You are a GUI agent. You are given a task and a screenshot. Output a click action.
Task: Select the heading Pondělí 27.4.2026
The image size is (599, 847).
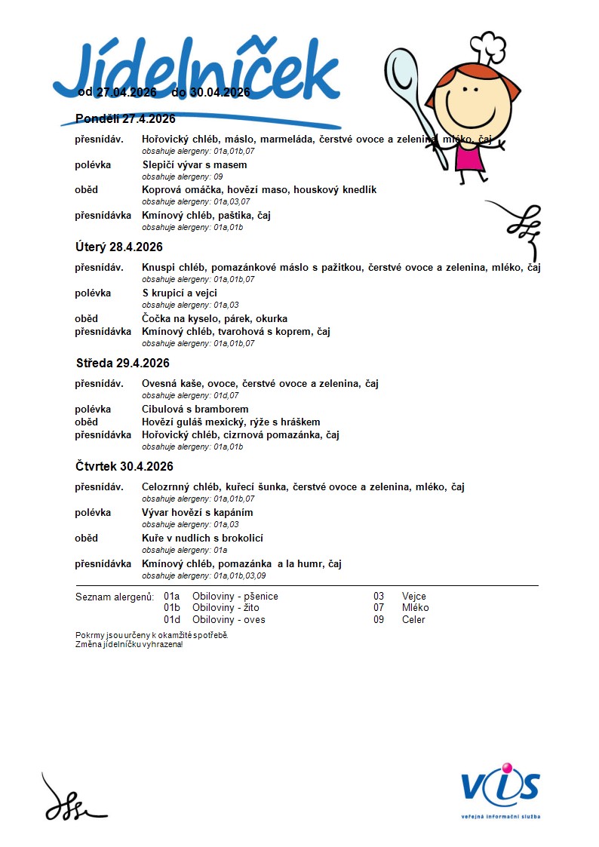click(125, 118)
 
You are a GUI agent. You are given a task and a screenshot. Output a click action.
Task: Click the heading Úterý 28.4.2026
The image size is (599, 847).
click(119, 247)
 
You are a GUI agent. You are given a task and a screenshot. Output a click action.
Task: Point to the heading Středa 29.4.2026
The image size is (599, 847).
click(122, 363)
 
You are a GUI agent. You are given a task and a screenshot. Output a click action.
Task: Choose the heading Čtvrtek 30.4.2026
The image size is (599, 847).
click(124, 466)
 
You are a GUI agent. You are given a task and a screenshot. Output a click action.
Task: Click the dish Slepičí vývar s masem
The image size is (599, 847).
click(195, 164)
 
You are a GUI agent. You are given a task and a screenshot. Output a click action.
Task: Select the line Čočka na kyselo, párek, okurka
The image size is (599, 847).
click(214, 318)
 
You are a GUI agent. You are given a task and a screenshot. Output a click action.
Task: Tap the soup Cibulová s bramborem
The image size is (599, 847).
click(195, 409)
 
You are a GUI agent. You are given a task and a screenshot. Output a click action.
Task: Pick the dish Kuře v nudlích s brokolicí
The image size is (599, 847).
click(202, 538)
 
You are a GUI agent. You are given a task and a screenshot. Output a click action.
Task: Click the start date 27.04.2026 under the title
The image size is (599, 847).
click(125, 92)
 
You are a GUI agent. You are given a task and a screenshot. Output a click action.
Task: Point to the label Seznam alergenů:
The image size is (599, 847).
click(115, 597)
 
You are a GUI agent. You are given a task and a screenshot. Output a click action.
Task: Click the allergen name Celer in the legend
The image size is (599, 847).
click(413, 619)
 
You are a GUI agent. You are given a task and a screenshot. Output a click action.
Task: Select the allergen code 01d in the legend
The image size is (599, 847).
click(172, 619)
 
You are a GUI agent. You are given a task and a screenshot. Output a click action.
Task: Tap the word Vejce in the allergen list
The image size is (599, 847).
click(414, 597)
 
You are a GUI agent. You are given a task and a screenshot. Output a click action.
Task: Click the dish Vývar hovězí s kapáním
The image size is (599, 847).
click(197, 512)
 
